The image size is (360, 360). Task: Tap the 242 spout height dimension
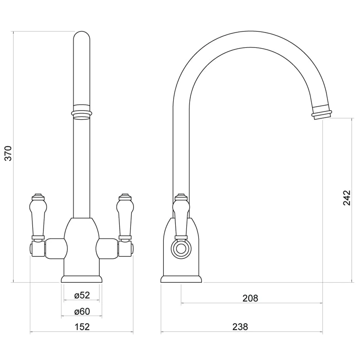click(x=346, y=198)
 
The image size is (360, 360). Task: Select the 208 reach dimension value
click(x=251, y=298)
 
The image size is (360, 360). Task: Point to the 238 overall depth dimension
click(x=240, y=327)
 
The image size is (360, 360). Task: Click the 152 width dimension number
click(x=82, y=327)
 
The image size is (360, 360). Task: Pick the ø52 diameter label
click(x=82, y=295)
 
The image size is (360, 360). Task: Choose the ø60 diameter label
click(x=82, y=311)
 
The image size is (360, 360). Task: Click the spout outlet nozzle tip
click(x=321, y=113)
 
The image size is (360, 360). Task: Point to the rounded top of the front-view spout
click(x=82, y=37)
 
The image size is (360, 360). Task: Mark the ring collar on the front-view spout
click(x=82, y=111)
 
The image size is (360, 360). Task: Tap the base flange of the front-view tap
click(x=82, y=279)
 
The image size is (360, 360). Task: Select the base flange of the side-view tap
click(x=181, y=279)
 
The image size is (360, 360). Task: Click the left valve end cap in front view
click(x=32, y=249)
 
